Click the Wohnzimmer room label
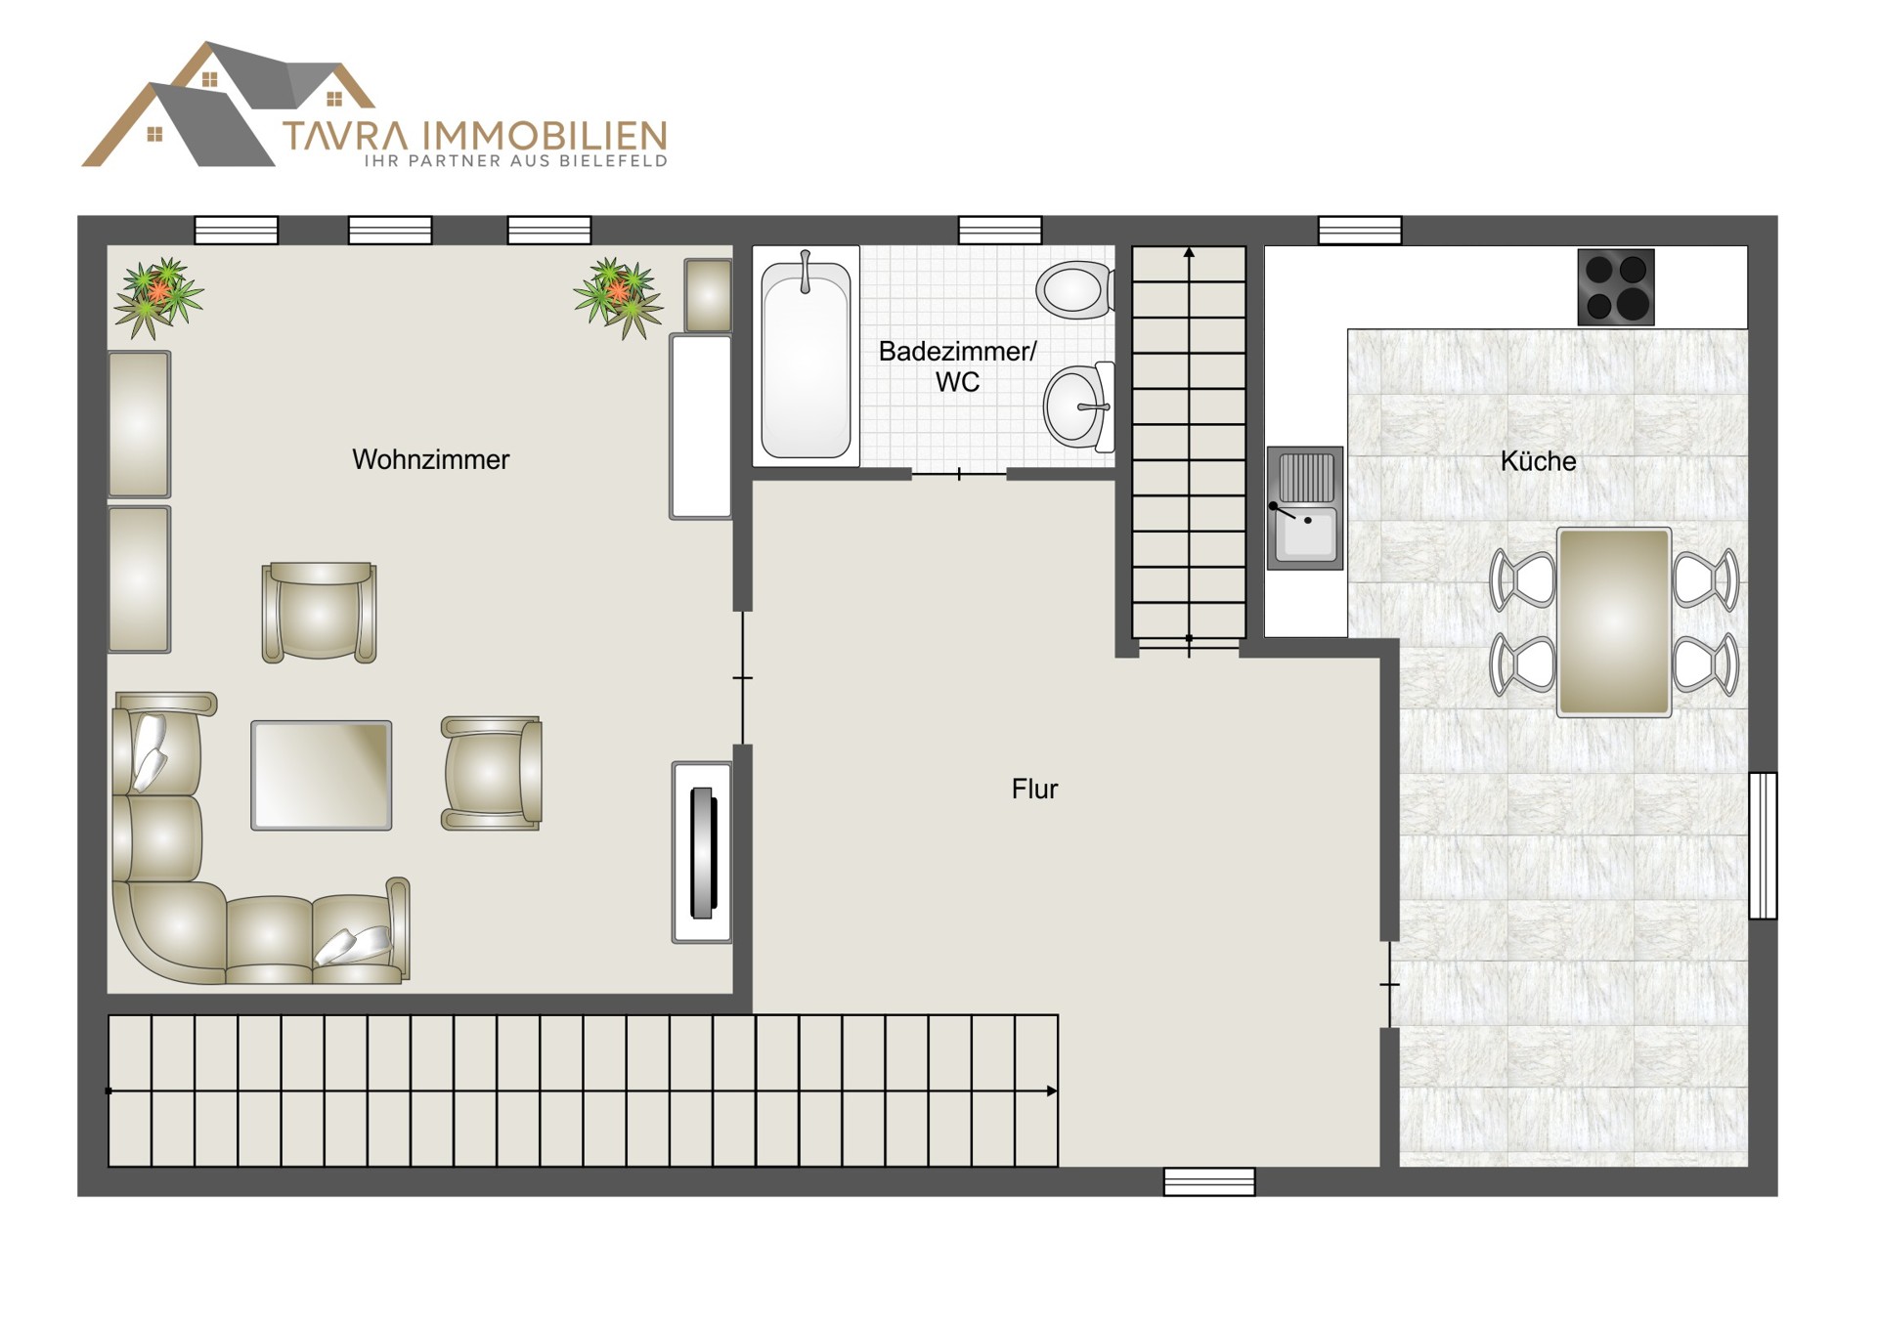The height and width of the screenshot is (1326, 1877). point(430,459)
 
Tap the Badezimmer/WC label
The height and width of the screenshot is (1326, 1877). point(957,366)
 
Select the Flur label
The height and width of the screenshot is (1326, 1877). point(1034,789)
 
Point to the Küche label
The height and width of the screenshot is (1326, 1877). point(1538,460)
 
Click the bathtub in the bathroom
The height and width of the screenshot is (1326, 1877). point(806,356)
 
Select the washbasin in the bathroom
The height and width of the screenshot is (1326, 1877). point(1079,407)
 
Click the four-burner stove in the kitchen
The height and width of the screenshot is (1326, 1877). point(1616,287)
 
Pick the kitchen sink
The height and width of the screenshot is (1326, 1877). point(1305,508)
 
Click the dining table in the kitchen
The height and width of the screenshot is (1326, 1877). point(1614,622)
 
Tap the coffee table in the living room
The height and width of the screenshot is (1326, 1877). point(322,776)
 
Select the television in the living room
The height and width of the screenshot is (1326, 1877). point(702,852)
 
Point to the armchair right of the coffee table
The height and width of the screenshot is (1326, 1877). point(492,773)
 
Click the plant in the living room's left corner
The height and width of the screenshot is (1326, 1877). point(157,296)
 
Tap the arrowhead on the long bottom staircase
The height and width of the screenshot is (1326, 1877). point(1052,1091)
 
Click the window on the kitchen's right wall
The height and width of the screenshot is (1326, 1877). point(1763,845)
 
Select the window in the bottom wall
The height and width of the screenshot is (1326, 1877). point(1209,1182)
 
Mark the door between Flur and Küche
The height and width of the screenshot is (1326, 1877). point(1389,984)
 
